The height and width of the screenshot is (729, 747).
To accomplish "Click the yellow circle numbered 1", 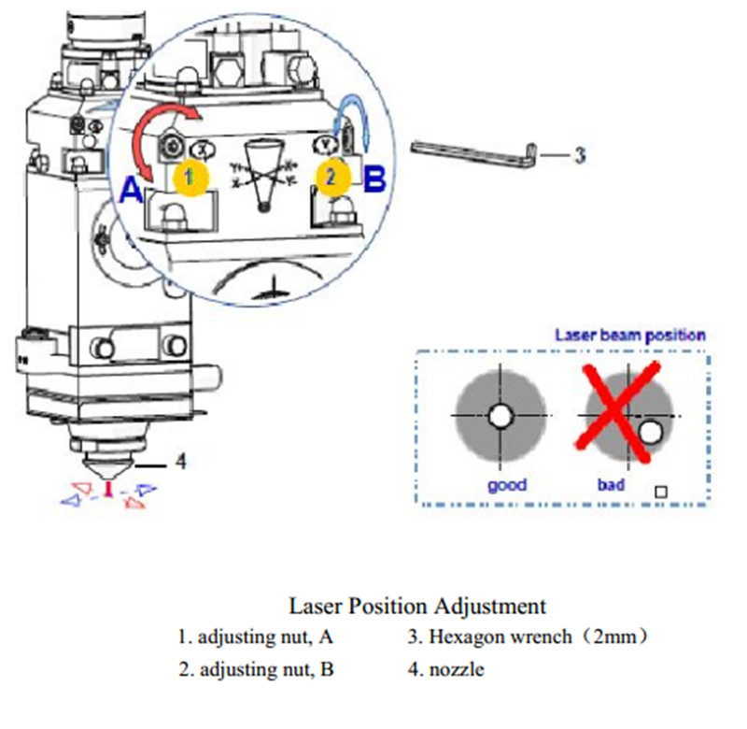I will tap(190, 176).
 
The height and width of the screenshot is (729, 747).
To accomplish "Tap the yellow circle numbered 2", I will tap(333, 176).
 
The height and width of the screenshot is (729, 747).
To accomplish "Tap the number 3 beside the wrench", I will tap(579, 154).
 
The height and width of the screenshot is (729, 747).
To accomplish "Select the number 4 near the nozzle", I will tap(181, 462).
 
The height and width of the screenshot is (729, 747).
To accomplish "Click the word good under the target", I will tap(507, 484).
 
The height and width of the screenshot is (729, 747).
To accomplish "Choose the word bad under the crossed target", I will tap(611, 485).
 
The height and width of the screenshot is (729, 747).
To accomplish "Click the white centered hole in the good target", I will tap(503, 414).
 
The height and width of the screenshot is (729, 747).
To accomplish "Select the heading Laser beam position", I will tap(629, 335).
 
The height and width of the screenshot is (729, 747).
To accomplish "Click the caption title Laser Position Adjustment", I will tap(416, 606).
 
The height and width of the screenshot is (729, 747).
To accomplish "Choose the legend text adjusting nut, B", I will tap(256, 669).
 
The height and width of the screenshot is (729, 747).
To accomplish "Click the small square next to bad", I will tap(661, 491).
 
